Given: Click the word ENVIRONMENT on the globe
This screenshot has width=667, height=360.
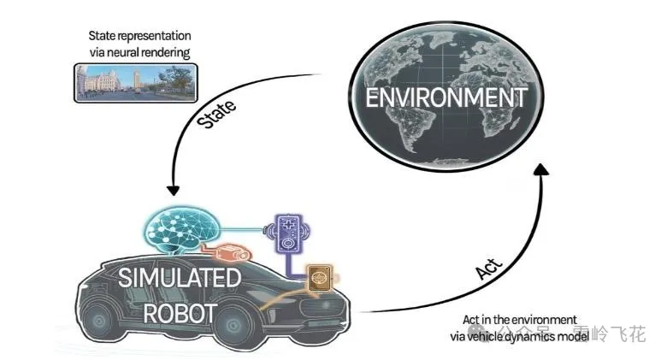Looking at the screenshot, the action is tap(446, 97).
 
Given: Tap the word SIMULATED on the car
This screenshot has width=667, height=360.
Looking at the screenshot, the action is tap(180, 278).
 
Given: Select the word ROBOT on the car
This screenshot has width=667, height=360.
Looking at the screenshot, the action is tap(180, 314).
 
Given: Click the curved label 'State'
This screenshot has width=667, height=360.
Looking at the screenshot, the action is tap(216, 114).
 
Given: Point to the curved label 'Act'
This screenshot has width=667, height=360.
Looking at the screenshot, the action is tap(489, 269).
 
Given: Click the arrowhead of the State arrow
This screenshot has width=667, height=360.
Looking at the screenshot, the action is tap(173, 190).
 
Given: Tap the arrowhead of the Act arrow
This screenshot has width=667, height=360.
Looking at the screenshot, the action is tap(541, 169).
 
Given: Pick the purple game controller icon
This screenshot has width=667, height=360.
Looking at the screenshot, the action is tap(288, 233).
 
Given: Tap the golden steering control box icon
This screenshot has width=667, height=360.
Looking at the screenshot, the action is tap(320, 277).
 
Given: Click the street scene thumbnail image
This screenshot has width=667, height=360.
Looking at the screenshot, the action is tap(136, 83).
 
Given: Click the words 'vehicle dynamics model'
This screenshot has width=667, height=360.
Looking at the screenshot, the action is tap(528, 337).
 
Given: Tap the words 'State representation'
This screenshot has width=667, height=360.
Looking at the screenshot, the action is tap(139, 36).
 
